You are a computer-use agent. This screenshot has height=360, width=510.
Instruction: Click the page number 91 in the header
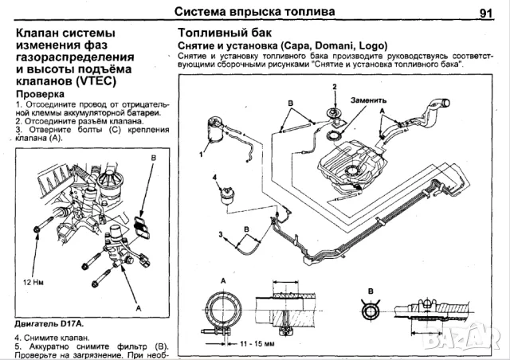pos(487,12)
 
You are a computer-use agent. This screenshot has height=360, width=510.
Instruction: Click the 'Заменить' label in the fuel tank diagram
pos(368,101)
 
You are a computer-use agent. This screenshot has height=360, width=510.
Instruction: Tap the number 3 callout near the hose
pos(219,233)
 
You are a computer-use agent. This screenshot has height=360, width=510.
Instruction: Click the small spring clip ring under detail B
pos(371,307)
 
